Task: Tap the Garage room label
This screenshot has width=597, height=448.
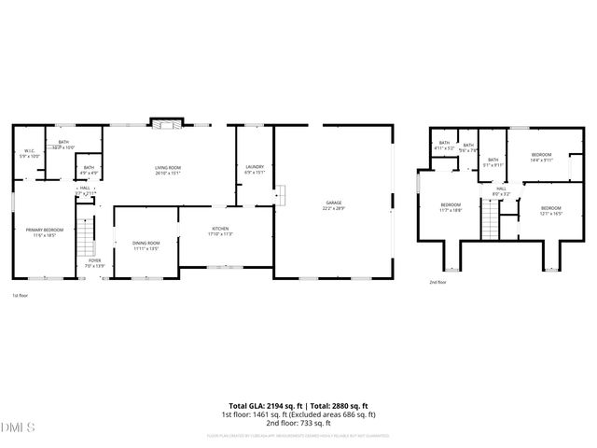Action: pos(333,204)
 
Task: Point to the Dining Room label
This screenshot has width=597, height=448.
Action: pos(146,245)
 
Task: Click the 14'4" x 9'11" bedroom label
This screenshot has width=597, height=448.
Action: pos(541,157)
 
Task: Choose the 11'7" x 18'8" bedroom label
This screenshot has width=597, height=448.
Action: pos(451,207)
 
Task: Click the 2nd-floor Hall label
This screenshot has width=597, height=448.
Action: pos(501,190)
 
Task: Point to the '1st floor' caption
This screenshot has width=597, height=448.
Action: pos(21,295)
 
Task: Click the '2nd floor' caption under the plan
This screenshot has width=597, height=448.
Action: pos(437,282)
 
